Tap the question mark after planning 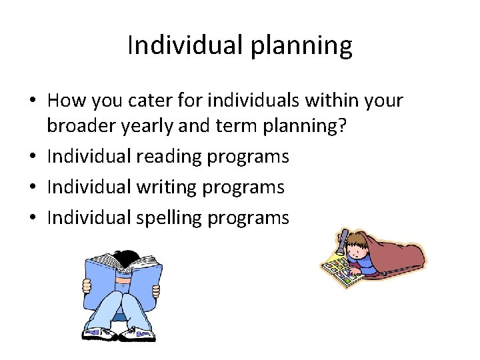343,127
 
